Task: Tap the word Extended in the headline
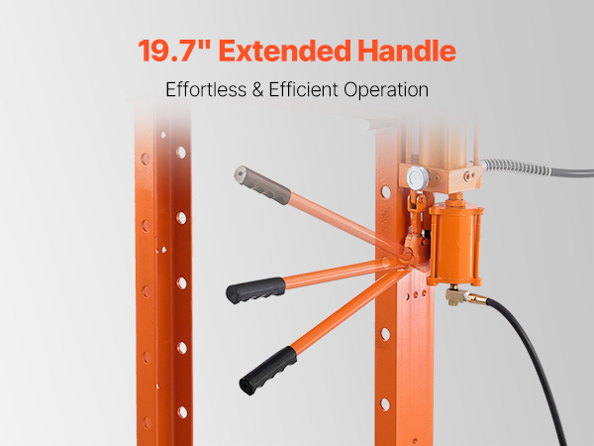click(x=285, y=51)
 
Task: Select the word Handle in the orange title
click(x=407, y=51)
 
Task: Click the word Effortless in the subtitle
click(x=206, y=90)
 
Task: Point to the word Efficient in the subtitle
click(x=304, y=90)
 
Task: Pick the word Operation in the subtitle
click(x=386, y=91)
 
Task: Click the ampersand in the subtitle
click(x=257, y=90)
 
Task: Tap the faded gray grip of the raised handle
click(x=262, y=185)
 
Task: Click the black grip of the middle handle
click(x=255, y=290)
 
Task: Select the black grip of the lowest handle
click(x=268, y=371)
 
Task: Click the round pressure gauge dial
click(x=418, y=177)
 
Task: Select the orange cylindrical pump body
click(x=455, y=244)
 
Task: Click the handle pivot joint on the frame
click(x=408, y=257)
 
